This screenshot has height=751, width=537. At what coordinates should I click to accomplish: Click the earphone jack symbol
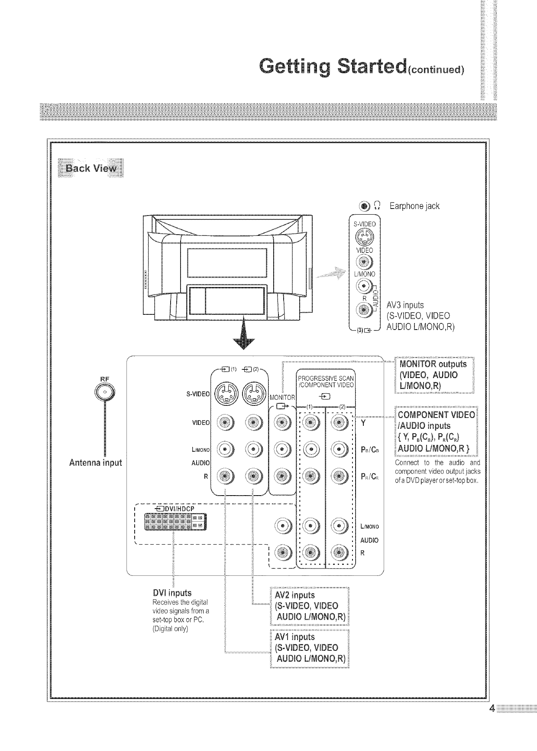(365, 206)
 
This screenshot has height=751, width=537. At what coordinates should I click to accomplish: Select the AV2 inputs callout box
(309, 606)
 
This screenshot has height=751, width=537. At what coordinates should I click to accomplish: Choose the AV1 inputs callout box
(309, 648)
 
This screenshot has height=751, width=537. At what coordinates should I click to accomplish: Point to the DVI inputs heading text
(172, 593)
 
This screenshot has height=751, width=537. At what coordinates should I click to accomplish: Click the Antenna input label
(96, 462)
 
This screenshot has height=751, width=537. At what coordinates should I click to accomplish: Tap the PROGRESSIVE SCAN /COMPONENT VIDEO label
(326, 382)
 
